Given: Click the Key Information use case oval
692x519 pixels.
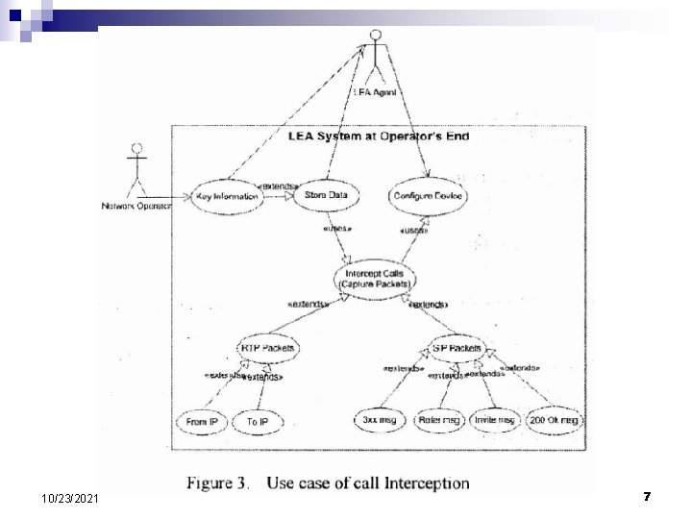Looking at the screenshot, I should click(227, 196).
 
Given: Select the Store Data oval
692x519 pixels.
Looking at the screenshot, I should click(326, 195).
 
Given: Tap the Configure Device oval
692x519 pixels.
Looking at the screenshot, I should click(428, 195).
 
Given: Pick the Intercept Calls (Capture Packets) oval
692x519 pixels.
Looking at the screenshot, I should click(376, 279).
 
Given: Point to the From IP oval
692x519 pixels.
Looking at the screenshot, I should click(200, 421).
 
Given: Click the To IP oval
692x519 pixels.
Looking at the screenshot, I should click(257, 421).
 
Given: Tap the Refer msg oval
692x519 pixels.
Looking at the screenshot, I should click(438, 420).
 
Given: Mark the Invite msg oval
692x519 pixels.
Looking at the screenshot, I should click(493, 420).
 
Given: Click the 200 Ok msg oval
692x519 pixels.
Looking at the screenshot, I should click(555, 420).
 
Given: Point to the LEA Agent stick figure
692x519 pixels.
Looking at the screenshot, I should click(375, 58).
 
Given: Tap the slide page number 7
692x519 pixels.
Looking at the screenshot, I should click(647, 496).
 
